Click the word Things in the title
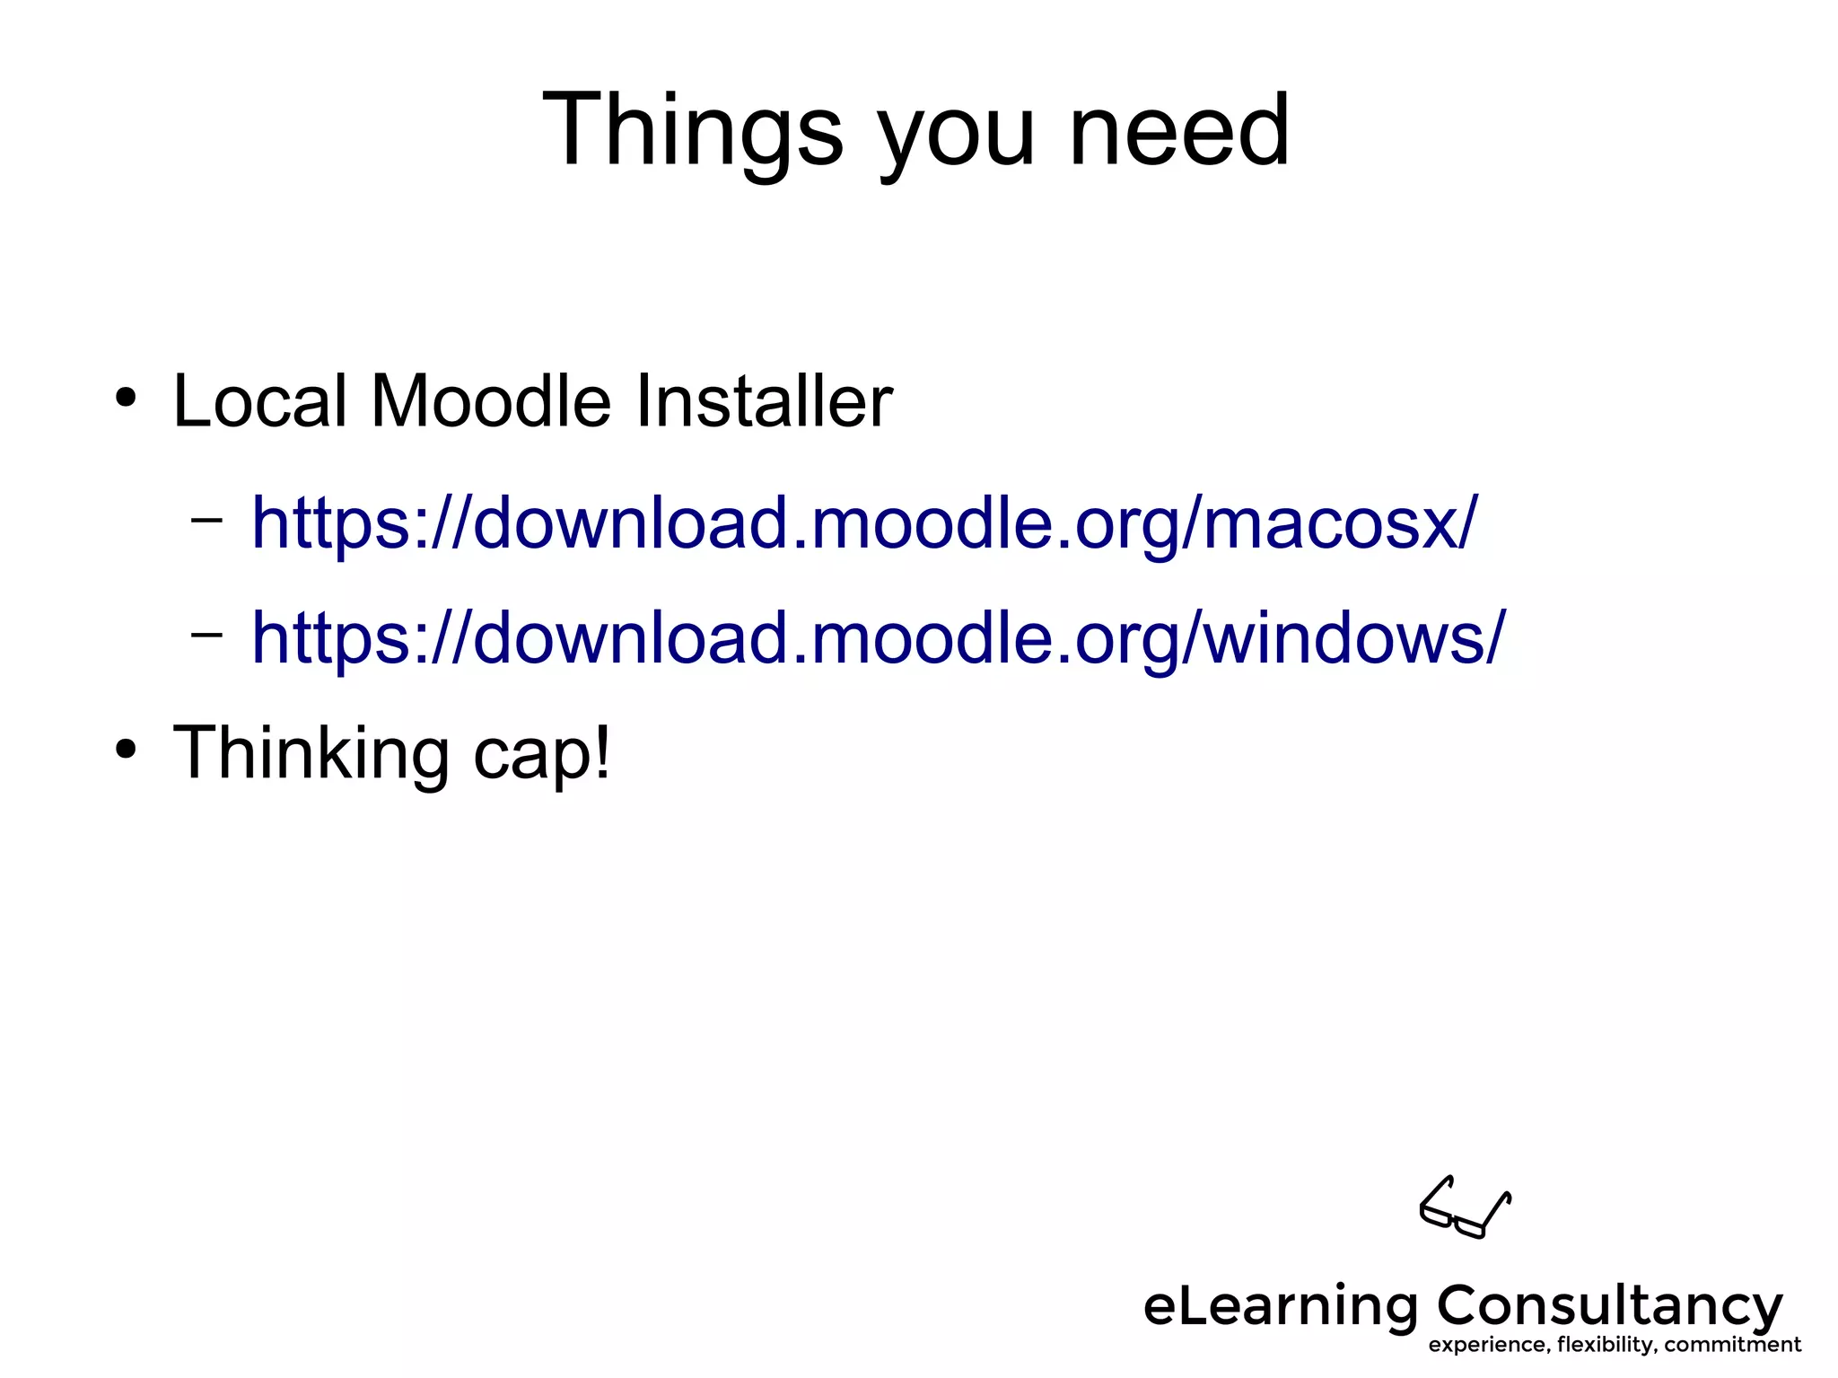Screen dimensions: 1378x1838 tap(692, 131)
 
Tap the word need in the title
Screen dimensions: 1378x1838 tap(1178, 131)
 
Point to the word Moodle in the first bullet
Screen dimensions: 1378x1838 tap(491, 400)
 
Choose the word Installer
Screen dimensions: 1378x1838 tap(764, 400)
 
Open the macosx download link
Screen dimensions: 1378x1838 tap(863, 522)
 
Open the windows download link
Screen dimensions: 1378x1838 tap(878, 637)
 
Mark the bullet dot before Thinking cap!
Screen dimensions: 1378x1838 tap(126, 748)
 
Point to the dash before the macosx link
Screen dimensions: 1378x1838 tap(206, 519)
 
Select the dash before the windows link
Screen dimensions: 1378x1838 tap(206, 634)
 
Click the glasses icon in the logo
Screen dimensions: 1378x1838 tap(1465, 1207)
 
